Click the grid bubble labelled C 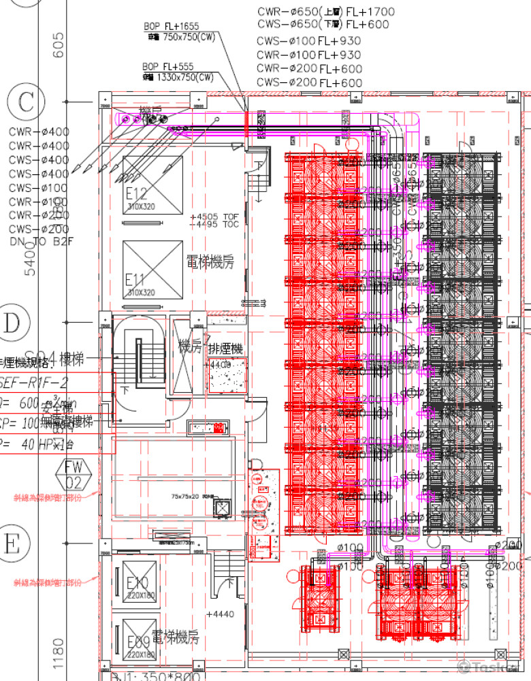[x=26, y=102]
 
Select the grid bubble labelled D [x=12, y=323]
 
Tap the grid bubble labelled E [x=12, y=544]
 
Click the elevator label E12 [x=136, y=193]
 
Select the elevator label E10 [x=138, y=583]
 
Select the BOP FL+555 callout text [x=167, y=67]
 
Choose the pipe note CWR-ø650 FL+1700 [x=325, y=12]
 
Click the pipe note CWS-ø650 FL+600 [x=323, y=25]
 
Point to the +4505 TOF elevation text [x=215, y=216]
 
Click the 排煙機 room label [x=225, y=349]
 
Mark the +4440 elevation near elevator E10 [x=219, y=614]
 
